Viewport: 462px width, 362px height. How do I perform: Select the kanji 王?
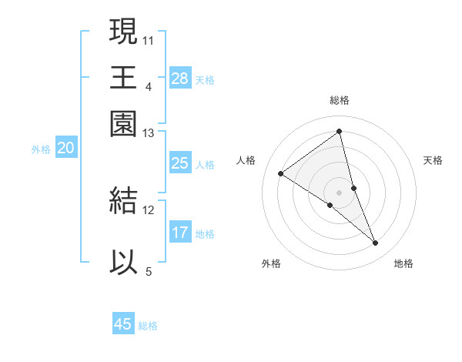pyautogui.click(x=123, y=77)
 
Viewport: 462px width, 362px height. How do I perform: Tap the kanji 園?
pyautogui.click(x=123, y=123)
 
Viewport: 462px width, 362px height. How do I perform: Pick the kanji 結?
pyautogui.click(x=123, y=200)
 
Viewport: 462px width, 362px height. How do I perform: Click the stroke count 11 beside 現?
pyautogui.click(x=149, y=39)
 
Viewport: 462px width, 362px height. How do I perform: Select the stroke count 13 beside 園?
pyautogui.click(x=149, y=133)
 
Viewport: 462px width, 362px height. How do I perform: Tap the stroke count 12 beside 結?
pyautogui.click(x=149, y=209)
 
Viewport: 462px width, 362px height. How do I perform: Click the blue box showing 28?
pyautogui.click(x=180, y=79)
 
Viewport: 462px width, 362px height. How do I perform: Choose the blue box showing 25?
pyautogui.click(x=180, y=163)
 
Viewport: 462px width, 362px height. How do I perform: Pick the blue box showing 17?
pyautogui.click(x=180, y=233)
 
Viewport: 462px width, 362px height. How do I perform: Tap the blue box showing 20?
pyautogui.click(x=65, y=149)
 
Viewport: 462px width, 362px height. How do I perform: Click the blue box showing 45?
pyautogui.click(x=123, y=324)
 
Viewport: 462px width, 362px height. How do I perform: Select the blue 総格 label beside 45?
pyautogui.click(x=148, y=326)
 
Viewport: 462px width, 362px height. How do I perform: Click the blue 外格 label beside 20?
pyautogui.click(x=41, y=149)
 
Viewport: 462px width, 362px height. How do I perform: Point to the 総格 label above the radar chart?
pyautogui.click(x=340, y=100)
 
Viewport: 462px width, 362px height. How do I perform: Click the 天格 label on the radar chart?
pyautogui.click(x=433, y=160)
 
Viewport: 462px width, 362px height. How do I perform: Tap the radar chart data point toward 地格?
pyautogui.click(x=376, y=243)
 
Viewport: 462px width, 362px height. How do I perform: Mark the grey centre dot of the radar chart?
pyautogui.click(x=339, y=192)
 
